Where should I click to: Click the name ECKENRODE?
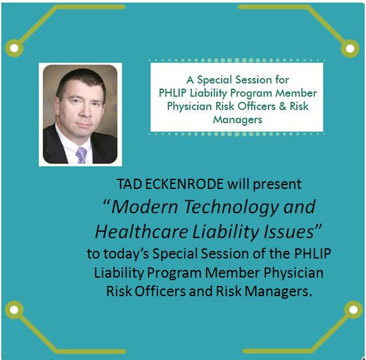point(184,184)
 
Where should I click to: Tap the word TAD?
point(129,184)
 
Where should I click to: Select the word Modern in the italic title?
point(145,207)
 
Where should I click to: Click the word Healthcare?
point(142,232)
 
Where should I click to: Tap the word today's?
point(126,253)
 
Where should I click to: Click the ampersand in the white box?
point(282,107)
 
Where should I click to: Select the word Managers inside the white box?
point(238,120)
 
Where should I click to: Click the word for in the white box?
point(282,80)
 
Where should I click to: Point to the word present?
point(277,184)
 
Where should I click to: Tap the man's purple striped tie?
point(81,154)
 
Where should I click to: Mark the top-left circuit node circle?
point(14,48)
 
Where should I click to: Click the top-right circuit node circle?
point(350,49)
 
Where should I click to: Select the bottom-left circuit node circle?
point(14,310)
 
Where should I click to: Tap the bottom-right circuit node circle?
point(353,310)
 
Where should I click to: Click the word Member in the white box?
point(296,93)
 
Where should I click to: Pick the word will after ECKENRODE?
point(238,184)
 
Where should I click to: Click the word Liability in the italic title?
point(225,232)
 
